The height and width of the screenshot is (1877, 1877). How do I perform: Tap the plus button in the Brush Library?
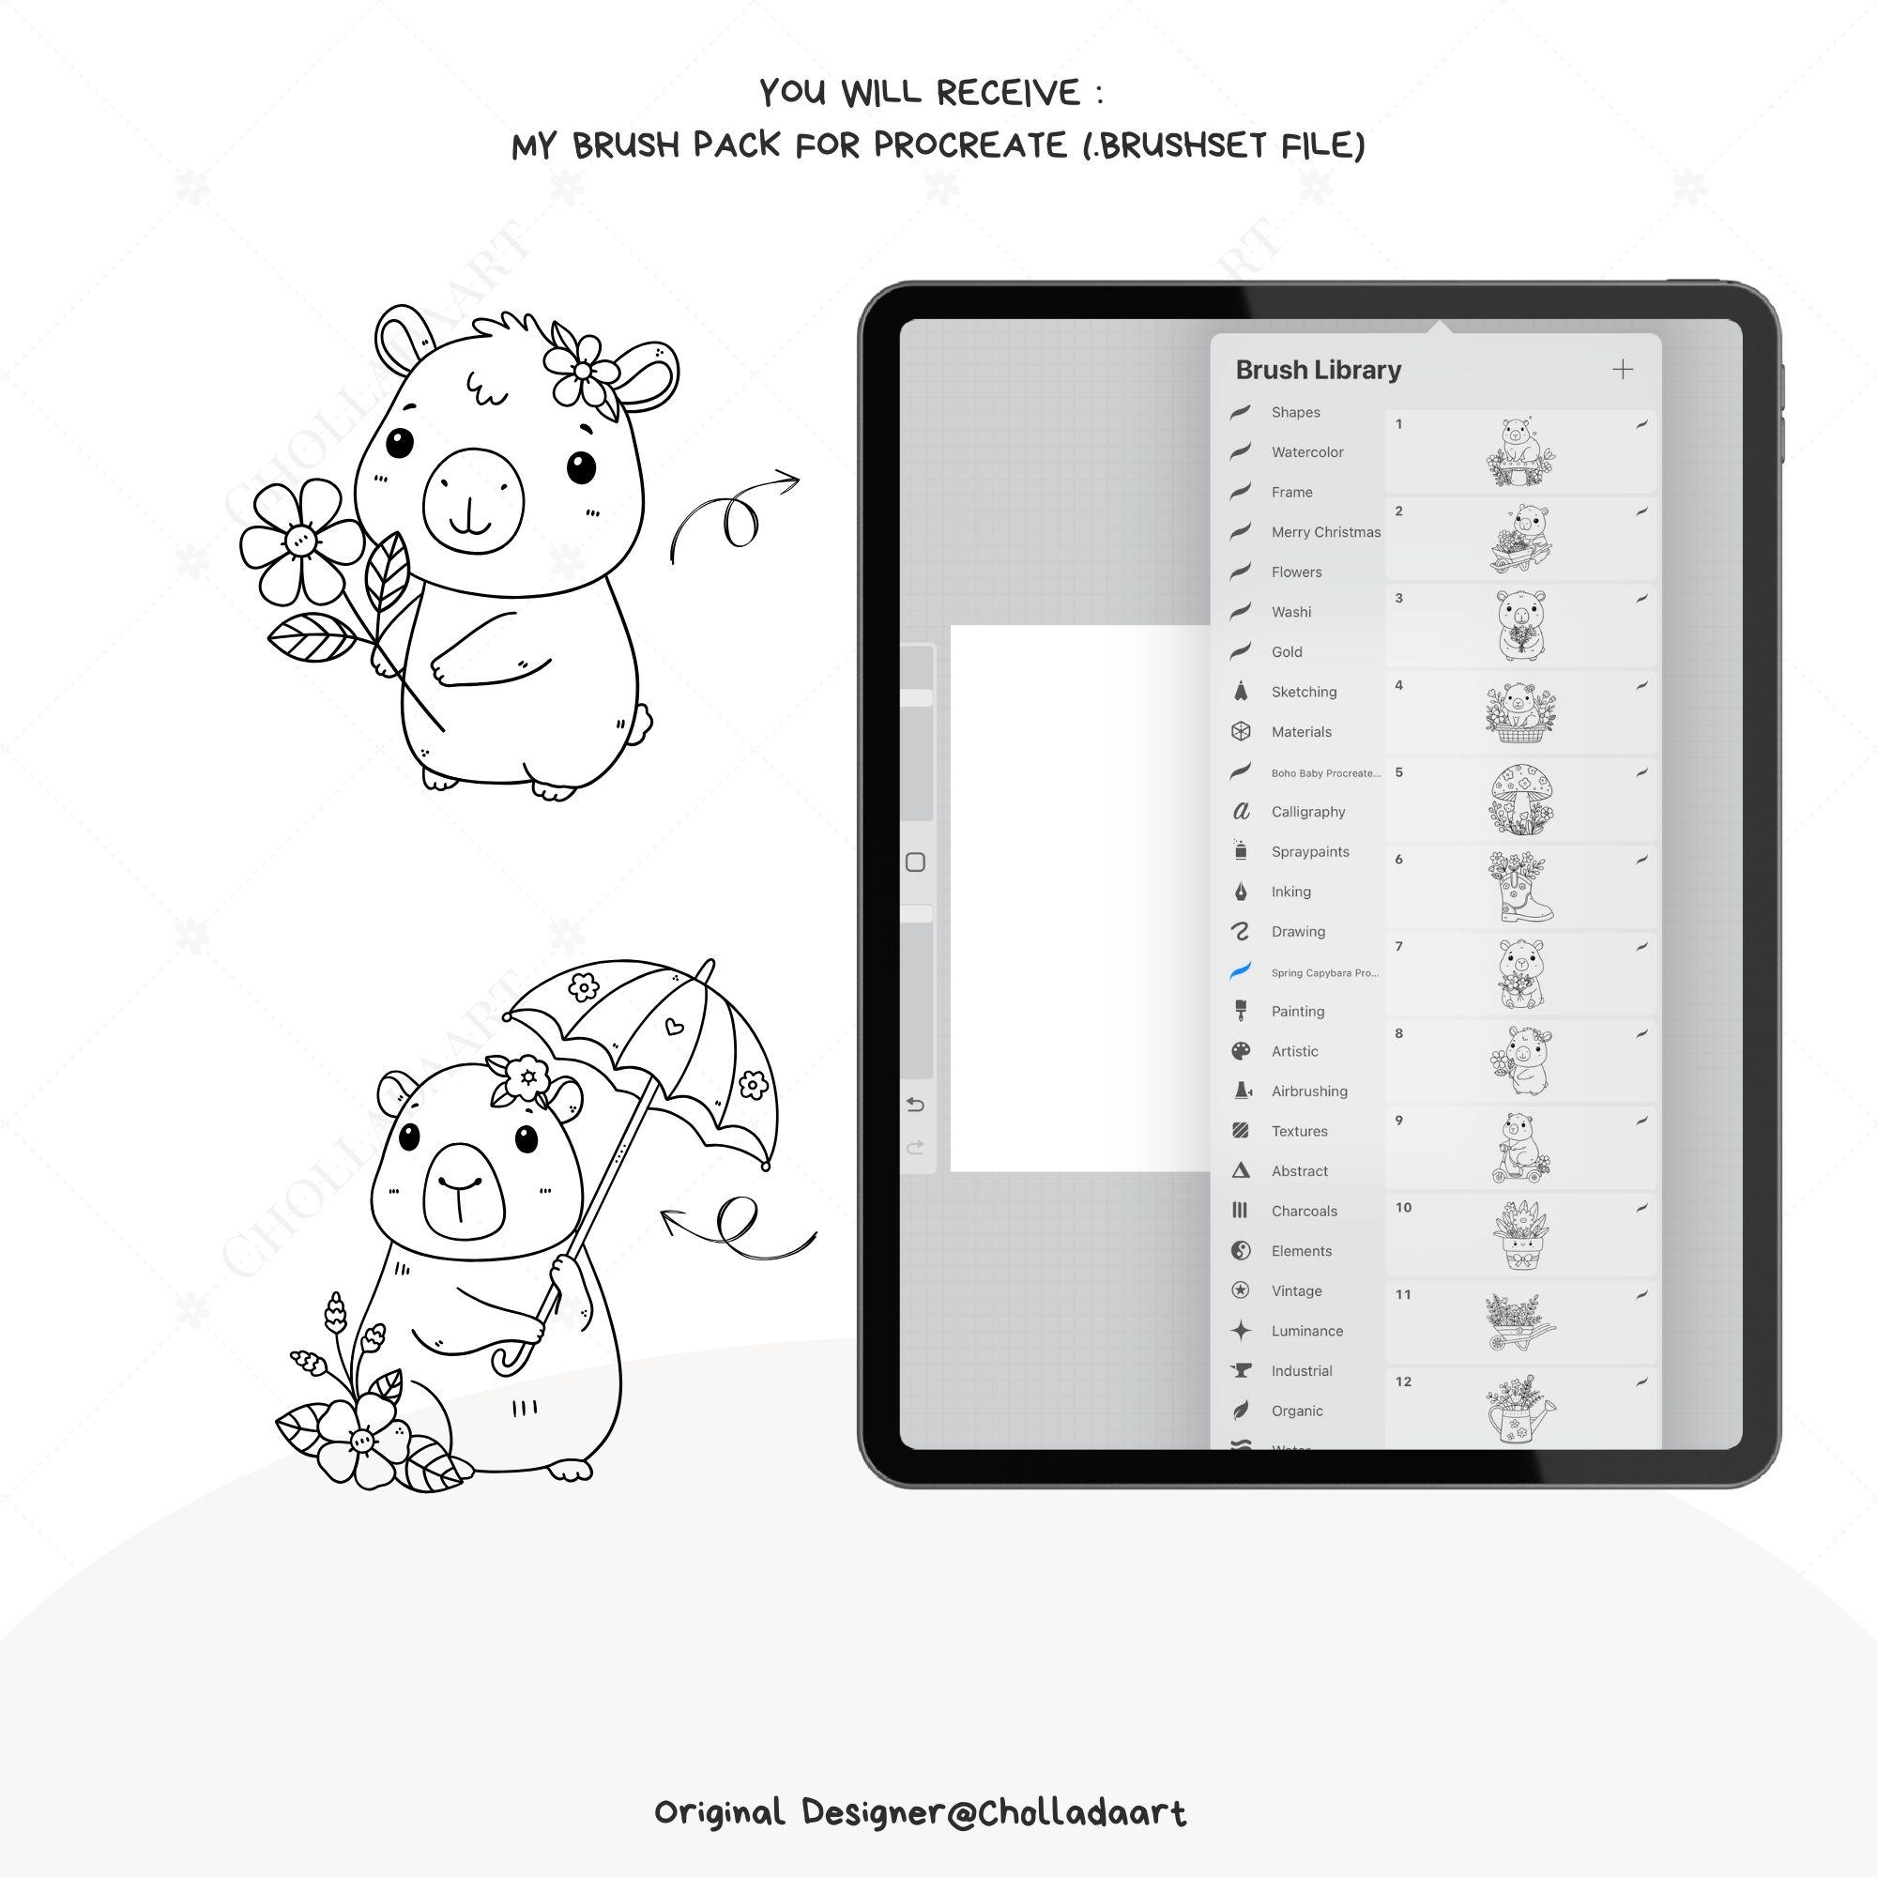(x=1622, y=369)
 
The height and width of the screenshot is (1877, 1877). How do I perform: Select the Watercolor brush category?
(x=1306, y=452)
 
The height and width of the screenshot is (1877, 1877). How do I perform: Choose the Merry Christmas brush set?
(x=1325, y=532)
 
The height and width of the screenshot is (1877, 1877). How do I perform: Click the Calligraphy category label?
(x=1307, y=812)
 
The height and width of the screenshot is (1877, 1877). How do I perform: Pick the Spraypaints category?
(x=1309, y=852)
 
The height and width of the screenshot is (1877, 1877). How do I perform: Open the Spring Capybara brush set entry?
(x=1324, y=972)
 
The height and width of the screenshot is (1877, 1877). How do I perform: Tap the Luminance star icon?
(x=1241, y=1331)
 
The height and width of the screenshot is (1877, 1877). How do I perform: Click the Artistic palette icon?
(x=1241, y=1051)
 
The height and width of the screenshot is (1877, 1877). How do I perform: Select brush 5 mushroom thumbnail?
(x=1520, y=801)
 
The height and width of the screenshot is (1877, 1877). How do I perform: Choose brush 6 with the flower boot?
(x=1520, y=887)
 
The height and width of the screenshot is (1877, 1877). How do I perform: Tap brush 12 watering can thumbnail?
(x=1520, y=1409)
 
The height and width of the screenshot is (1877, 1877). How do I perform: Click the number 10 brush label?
(x=1403, y=1208)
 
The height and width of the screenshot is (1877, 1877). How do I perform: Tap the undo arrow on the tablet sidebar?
(x=915, y=1105)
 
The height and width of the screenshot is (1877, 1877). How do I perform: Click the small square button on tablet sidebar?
(x=915, y=862)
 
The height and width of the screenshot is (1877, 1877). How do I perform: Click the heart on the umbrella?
(x=672, y=1025)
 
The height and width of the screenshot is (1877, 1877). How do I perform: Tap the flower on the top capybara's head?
(x=581, y=367)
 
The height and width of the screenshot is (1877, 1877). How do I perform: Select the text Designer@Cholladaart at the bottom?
(x=993, y=1812)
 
